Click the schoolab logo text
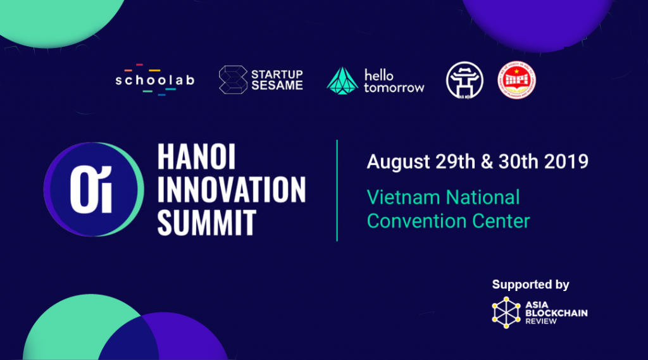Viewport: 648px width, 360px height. point(154,80)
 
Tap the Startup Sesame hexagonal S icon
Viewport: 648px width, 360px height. point(232,80)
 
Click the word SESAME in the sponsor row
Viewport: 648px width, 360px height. point(277,85)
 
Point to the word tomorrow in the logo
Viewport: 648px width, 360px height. point(394,87)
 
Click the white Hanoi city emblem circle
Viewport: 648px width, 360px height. point(465,80)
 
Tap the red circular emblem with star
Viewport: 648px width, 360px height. point(516,80)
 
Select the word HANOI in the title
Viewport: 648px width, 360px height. point(196,158)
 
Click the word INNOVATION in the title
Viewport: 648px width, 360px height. point(232,190)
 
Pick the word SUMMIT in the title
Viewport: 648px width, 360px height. point(206,222)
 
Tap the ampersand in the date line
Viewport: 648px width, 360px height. point(487,161)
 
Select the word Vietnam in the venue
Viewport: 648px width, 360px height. point(404,197)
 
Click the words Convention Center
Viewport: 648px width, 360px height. point(448,220)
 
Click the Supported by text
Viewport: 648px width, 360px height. point(530,285)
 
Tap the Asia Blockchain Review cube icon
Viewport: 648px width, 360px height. point(506,313)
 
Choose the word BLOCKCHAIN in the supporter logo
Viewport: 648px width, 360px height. point(556,313)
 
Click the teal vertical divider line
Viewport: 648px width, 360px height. point(337,190)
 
